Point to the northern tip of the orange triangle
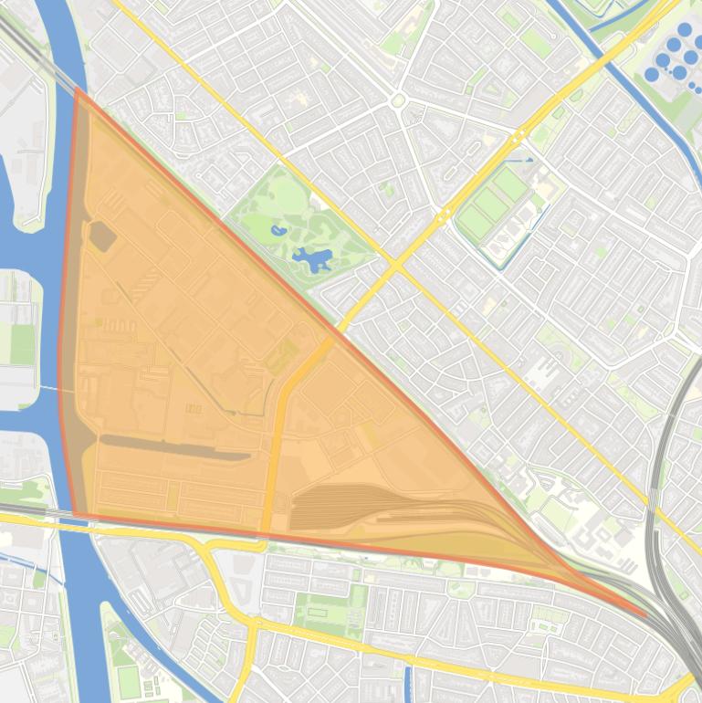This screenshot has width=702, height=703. pyautogui.click(x=78, y=90)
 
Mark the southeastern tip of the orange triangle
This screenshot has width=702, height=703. pyautogui.click(x=644, y=614)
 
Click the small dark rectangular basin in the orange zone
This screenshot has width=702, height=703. pyautogui.click(x=101, y=236)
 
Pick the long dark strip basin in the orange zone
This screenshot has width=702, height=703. pyautogui.click(x=173, y=446)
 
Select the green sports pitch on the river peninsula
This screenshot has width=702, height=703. pyautogui.click(x=128, y=680)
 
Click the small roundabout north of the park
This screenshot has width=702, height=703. pyautogui.click(x=398, y=100)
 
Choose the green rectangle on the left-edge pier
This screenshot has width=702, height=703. pyautogui.click(x=21, y=342)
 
